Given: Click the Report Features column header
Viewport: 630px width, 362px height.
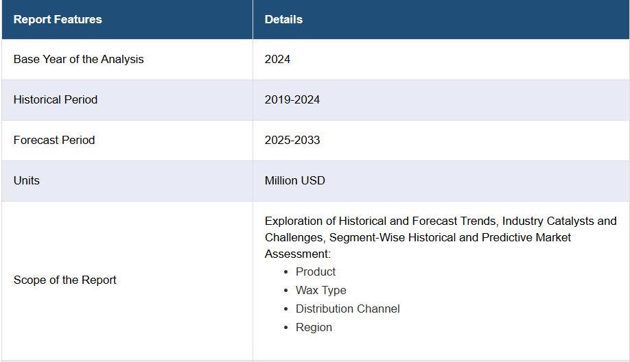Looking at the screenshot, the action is (58, 19).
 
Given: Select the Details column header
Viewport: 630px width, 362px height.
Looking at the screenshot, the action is (283, 19).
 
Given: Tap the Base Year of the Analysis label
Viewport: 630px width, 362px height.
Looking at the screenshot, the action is (78, 60).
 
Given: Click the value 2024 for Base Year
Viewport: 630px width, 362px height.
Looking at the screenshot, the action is (277, 60).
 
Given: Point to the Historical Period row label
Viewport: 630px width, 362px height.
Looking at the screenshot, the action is (56, 99).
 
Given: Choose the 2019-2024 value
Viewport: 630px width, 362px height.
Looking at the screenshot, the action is (292, 99).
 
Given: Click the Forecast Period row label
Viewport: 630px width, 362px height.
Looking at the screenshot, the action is (54, 140).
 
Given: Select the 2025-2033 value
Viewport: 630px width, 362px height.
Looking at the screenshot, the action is (292, 140).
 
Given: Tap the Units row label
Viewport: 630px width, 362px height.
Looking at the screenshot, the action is (27, 180).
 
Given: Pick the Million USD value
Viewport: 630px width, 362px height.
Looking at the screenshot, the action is (295, 180).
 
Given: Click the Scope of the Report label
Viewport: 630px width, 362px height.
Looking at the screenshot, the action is (65, 280).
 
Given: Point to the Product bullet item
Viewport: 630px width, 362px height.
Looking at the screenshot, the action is (316, 271).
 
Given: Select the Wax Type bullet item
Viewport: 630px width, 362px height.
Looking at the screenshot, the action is (321, 290).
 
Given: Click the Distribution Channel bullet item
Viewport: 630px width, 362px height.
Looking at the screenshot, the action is (347, 309).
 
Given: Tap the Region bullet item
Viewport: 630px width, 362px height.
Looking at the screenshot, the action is (314, 328).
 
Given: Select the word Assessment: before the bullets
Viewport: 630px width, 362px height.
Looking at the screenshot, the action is (297, 254).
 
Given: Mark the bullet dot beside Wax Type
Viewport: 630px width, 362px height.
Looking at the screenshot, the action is (286, 291).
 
